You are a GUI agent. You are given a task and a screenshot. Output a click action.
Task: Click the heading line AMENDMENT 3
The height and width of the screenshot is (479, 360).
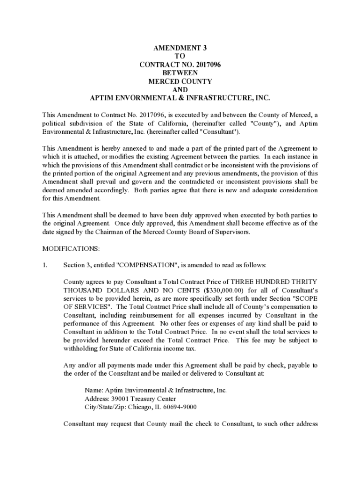(180, 48)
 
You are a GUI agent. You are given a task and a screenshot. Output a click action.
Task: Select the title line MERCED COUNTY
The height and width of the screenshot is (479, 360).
(180, 81)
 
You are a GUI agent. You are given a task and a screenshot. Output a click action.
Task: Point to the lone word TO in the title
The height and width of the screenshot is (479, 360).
(180, 56)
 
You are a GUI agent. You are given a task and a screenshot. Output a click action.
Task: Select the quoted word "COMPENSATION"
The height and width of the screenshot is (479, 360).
(142, 266)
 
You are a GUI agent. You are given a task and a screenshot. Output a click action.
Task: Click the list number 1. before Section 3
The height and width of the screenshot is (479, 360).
(45, 266)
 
